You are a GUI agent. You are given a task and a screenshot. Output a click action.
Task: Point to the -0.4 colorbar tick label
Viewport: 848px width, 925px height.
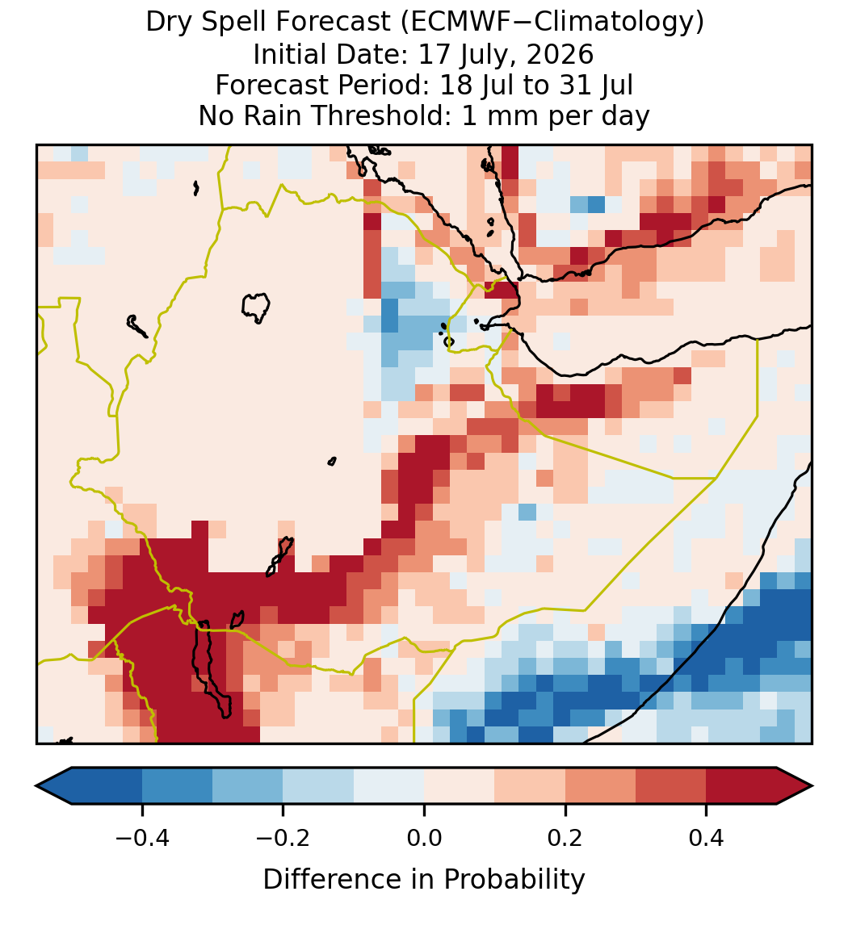pos(142,837)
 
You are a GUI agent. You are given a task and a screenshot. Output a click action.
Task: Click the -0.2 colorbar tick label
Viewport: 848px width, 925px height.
pos(283,837)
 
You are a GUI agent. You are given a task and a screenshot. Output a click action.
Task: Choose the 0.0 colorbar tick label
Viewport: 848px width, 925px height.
pos(424,837)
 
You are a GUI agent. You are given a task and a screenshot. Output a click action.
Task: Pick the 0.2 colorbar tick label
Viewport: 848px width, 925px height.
pos(565,837)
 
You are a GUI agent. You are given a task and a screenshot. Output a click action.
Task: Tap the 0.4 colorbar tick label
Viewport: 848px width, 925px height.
pos(707,837)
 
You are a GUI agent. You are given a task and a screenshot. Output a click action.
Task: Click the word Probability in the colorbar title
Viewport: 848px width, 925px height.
pos(514,880)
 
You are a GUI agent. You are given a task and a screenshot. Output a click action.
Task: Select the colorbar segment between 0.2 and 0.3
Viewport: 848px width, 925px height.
pos(601,786)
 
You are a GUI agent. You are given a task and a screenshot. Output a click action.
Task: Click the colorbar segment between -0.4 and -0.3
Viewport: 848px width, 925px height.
pos(177,786)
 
